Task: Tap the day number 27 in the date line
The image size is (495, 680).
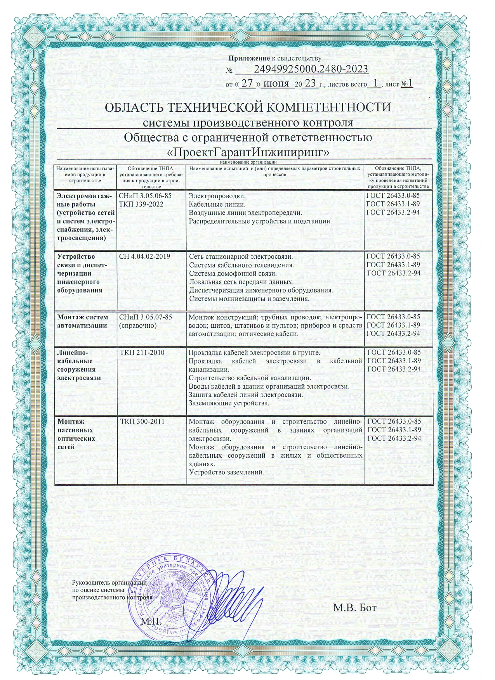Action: [x=247, y=84]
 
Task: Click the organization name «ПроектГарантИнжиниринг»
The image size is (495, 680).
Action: [x=248, y=152]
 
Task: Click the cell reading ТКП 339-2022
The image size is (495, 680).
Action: [x=141, y=204]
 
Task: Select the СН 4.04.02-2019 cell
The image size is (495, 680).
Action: [x=144, y=256]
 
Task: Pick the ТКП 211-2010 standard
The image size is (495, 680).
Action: [x=142, y=353]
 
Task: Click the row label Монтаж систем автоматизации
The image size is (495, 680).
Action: [x=82, y=321]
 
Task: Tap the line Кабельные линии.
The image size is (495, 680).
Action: [x=217, y=204]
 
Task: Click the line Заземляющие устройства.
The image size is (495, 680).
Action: [x=229, y=403]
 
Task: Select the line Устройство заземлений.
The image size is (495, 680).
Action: [x=226, y=472]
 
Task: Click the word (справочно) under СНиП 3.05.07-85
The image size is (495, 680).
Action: [x=138, y=325]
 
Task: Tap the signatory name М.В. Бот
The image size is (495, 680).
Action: [x=354, y=607]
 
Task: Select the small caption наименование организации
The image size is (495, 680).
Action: [x=248, y=162]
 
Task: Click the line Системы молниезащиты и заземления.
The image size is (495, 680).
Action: [x=249, y=299]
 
